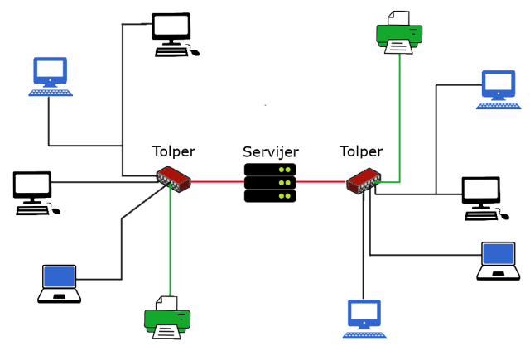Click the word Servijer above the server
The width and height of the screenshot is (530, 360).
[x=270, y=152]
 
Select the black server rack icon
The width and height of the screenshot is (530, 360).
[x=270, y=182]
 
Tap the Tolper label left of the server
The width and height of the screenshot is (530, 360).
[x=173, y=151]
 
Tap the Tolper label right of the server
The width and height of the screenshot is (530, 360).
[x=361, y=151]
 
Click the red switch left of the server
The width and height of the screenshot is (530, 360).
[x=174, y=177]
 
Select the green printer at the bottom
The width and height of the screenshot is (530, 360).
[x=167, y=318]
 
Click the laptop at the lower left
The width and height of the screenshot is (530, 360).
[x=60, y=284]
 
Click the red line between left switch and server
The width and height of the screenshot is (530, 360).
[x=218, y=180]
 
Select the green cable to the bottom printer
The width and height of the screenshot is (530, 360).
[x=170, y=240]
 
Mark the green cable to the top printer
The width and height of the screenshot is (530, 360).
[x=400, y=116]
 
